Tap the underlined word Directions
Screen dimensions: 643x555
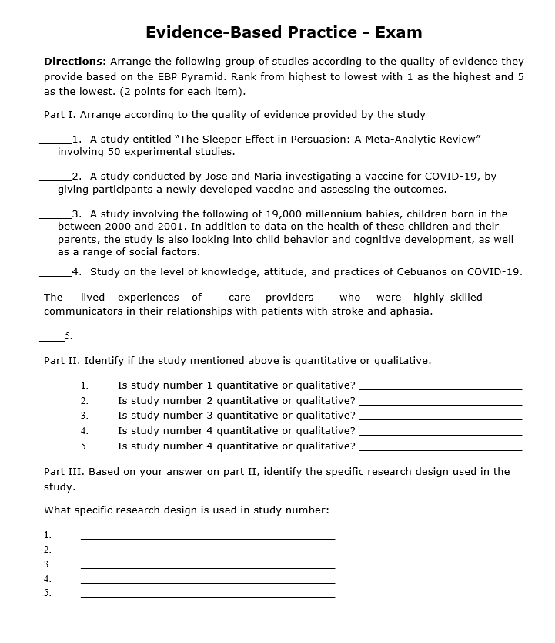pos(75,61)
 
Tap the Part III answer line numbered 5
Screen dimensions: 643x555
pos(208,597)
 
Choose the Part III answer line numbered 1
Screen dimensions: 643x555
pos(208,537)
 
